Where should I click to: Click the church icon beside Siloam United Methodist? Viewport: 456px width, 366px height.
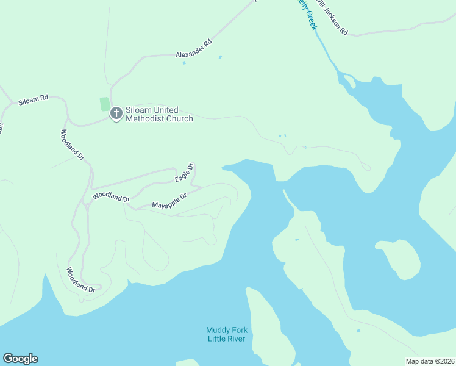point(116,113)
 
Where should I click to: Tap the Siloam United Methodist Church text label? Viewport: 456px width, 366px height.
point(159,114)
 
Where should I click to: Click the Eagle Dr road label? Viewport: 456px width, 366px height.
point(184,173)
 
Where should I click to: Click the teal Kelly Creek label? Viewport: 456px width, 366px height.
point(308,16)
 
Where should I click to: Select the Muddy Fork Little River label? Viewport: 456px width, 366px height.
point(227,334)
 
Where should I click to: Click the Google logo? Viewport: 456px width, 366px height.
point(20,359)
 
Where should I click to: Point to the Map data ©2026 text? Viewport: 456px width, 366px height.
point(430,361)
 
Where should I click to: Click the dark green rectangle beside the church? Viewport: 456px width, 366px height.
point(104,104)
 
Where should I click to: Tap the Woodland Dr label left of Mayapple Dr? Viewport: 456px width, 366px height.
point(111,198)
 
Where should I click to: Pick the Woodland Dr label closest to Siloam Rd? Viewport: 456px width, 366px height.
point(72,145)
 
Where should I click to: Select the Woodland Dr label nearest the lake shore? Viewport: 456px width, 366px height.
point(81,281)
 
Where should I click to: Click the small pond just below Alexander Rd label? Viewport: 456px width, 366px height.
point(184,63)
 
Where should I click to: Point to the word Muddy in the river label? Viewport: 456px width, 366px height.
point(217,331)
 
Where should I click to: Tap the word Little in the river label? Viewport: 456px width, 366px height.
point(217,339)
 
